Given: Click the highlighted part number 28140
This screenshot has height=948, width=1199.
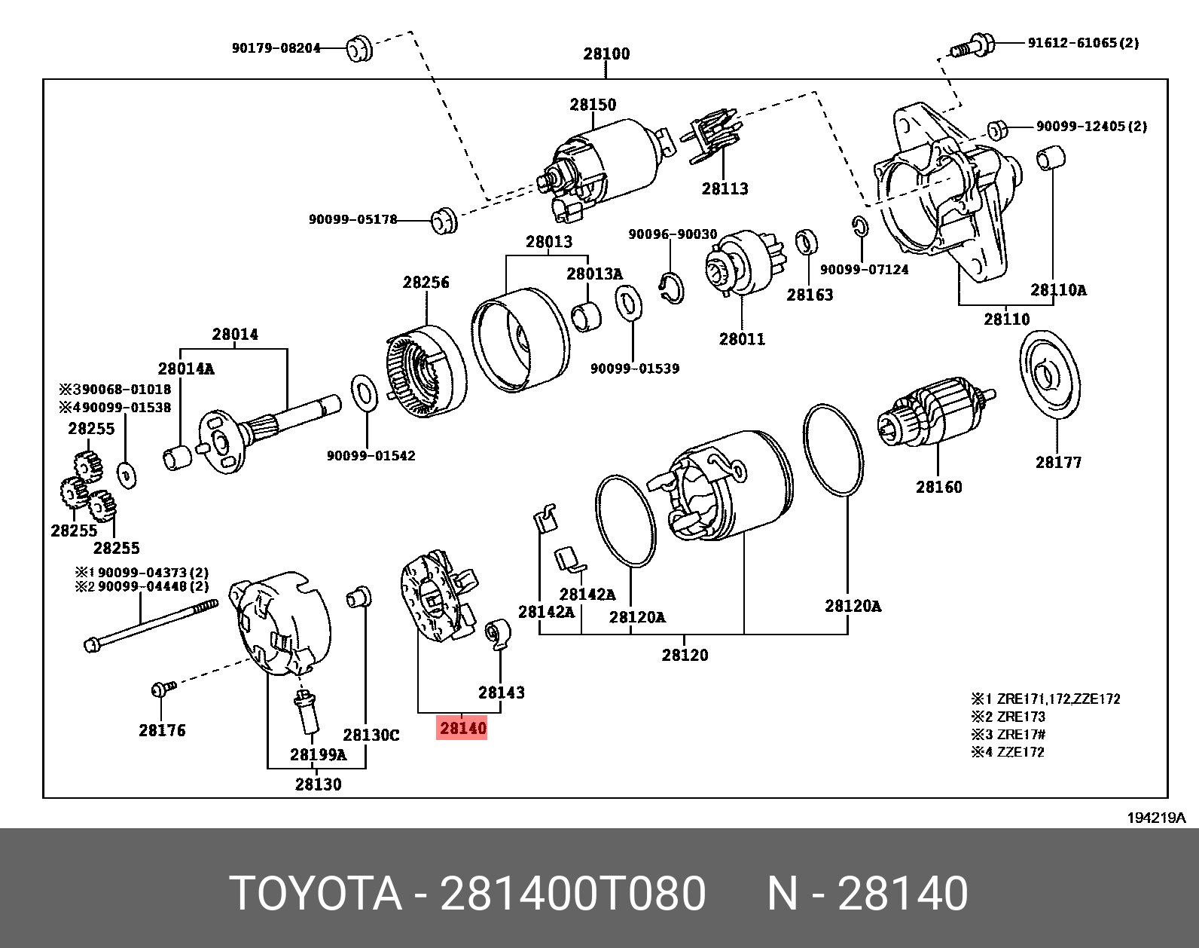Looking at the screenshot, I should click(x=462, y=728).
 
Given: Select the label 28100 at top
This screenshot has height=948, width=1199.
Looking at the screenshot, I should click(x=606, y=54).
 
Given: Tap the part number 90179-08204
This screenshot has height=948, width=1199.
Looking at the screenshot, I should click(x=276, y=48).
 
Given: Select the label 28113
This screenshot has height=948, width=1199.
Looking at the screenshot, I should click(x=725, y=189).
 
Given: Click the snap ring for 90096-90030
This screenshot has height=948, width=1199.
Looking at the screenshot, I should click(x=671, y=289).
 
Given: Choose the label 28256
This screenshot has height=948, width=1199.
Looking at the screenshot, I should click(x=426, y=283).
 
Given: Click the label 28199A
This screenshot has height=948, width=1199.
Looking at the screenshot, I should click(x=318, y=754).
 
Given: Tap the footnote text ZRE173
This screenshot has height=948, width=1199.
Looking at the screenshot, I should click(x=1021, y=717).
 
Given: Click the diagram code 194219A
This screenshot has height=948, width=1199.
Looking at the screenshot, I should click(x=1155, y=818).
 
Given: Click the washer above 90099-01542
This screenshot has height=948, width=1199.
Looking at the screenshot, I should click(x=365, y=393).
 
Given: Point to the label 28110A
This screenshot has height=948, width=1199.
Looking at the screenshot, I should click(x=1058, y=290).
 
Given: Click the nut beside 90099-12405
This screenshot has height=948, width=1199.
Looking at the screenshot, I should click(x=997, y=130).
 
